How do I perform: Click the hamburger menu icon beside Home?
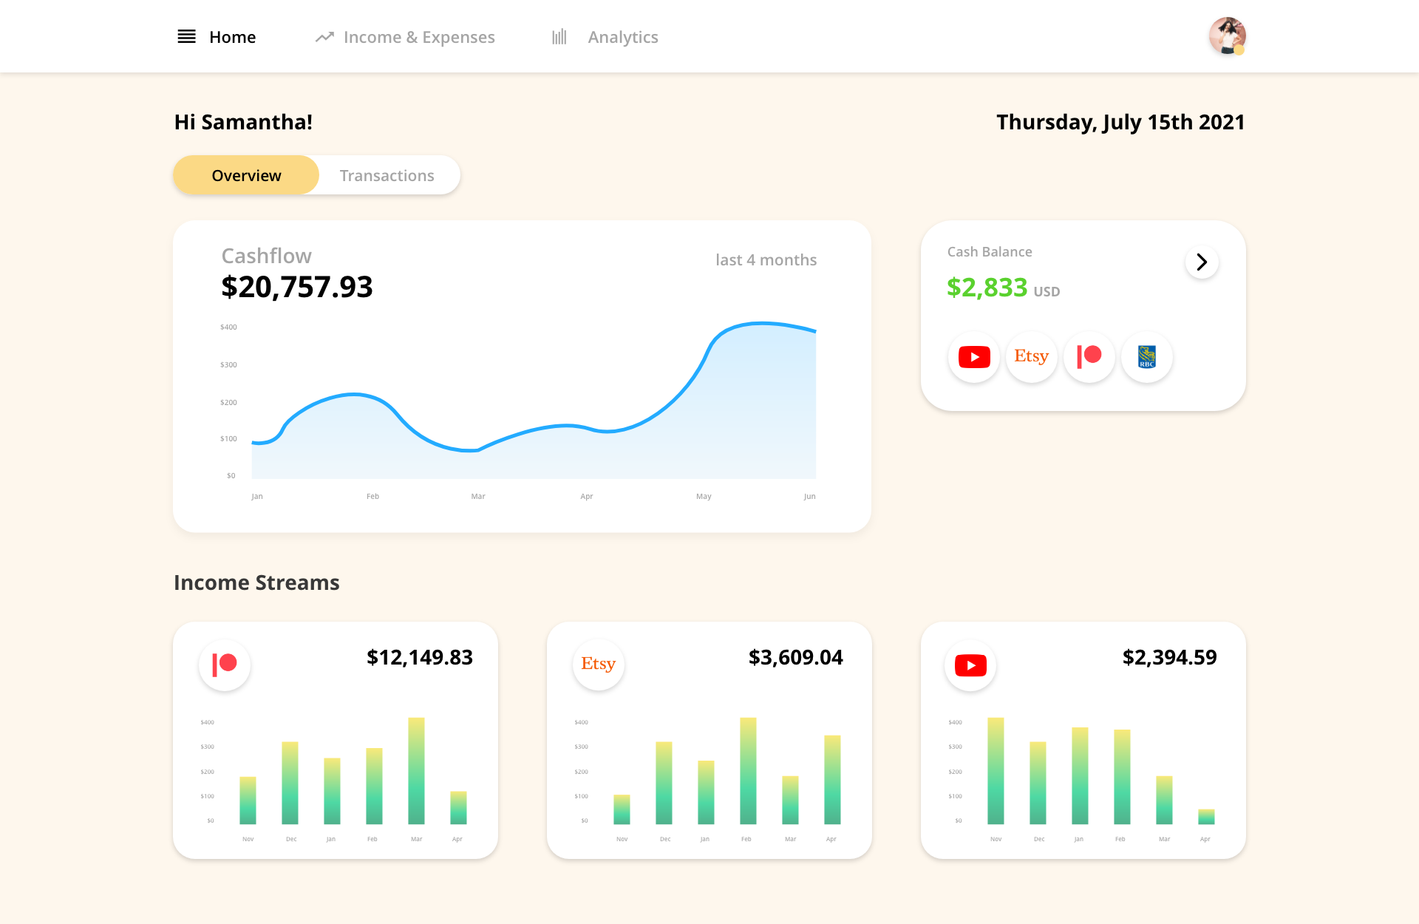click(x=186, y=37)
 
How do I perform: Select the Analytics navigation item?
click(x=622, y=37)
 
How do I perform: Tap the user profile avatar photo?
click(x=1227, y=36)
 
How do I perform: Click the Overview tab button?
click(x=246, y=175)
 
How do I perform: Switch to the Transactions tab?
click(x=387, y=175)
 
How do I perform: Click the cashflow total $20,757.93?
click(x=297, y=287)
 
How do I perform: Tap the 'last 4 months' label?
click(x=766, y=260)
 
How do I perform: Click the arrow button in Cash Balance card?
click(x=1202, y=262)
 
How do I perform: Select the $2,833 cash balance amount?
click(x=987, y=288)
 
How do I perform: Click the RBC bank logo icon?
click(x=1146, y=357)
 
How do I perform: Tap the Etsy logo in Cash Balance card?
click(x=1031, y=357)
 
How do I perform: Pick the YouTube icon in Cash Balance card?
click(x=974, y=357)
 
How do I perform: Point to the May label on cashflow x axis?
click(x=704, y=497)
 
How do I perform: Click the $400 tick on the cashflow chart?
click(x=228, y=327)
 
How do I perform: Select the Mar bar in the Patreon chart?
click(x=416, y=770)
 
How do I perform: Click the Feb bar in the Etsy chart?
click(x=748, y=770)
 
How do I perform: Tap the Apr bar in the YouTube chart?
click(x=1206, y=817)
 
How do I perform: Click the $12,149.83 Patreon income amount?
click(x=420, y=657)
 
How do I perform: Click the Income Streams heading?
click(x=256, y=582)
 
